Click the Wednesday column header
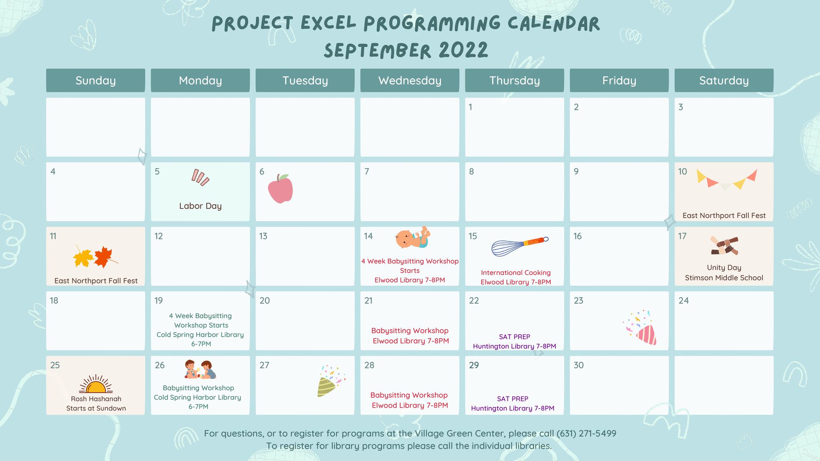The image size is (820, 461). pos(410,80)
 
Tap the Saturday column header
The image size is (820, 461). pos(724,80)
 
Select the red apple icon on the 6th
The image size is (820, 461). pos(280,188)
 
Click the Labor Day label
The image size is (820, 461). pos(200,206)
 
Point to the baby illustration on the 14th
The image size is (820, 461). pos(412,238)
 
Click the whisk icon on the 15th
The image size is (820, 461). pos(520,246)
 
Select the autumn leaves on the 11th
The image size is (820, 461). pos(96,257)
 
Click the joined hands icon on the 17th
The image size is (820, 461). pos(724,246)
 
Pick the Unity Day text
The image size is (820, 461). pos(724,268)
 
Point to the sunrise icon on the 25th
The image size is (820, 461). pos(96,384)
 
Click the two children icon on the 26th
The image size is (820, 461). pos(200,370)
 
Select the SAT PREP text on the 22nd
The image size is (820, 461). pos(515,337)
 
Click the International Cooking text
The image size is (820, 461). pos(516,273)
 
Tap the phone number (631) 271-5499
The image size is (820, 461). pos(587,433)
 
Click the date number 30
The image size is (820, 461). pos(579,365)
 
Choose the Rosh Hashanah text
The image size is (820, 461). pos(96,399)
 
